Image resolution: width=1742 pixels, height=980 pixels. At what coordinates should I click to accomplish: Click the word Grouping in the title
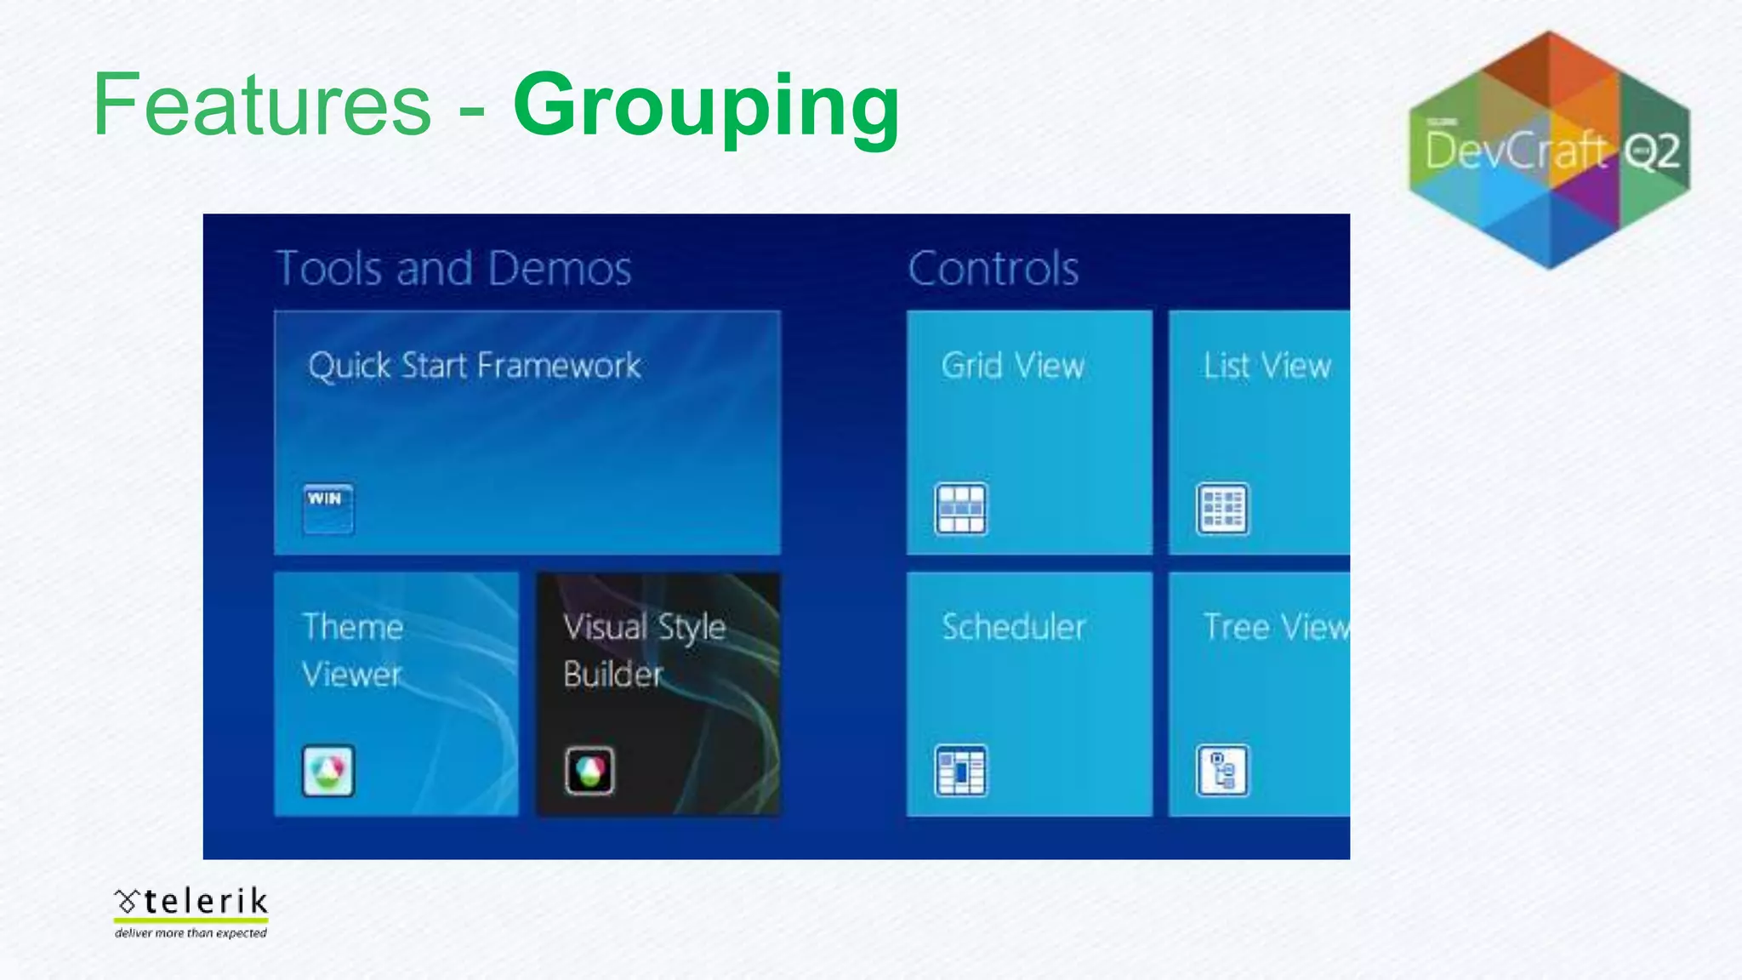(x=706, y=105)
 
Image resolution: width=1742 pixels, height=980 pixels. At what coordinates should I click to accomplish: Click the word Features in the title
(x=262, y=105)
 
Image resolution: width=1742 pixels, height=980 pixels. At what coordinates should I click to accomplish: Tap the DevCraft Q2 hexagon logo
(x=1549, y=151)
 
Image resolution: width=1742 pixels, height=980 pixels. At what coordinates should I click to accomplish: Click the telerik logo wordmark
(x=192, y=903)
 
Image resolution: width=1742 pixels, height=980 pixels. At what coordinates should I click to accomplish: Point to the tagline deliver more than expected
(x=191, y=933)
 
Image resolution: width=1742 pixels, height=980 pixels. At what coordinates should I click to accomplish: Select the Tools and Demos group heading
(x=453, y=269)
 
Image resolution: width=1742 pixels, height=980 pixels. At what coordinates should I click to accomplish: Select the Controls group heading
(x=993, y=269)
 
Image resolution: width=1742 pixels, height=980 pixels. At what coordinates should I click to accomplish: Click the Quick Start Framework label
(x=474, y=366)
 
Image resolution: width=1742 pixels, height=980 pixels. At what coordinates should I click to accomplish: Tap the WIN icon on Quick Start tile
(x=327, y=508)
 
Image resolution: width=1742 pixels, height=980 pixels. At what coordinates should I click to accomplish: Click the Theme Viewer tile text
(x=352, y=650)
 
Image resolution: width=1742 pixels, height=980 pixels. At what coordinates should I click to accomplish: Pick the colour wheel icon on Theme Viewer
(x=328, y=771)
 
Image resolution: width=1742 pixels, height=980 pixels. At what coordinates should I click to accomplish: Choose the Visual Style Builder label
(x=644, y=650)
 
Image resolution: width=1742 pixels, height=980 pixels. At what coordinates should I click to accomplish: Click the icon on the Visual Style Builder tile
(x=589, y=771)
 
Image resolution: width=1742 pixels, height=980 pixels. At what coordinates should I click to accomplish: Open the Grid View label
(x=1012, y=366)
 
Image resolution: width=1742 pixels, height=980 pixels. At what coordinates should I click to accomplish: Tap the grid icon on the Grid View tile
(x=960, y=509)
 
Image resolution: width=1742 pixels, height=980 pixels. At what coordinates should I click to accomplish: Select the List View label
(x=1267, y=366)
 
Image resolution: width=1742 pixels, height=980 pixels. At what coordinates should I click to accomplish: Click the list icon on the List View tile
(x=1222, y=509)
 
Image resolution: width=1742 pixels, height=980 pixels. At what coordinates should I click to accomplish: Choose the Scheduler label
(x=1013, y=627)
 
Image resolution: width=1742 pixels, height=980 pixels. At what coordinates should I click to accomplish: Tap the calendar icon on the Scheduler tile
(x=960, y=771)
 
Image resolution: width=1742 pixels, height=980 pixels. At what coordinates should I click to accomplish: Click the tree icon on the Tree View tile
(x=1222, y=771)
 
